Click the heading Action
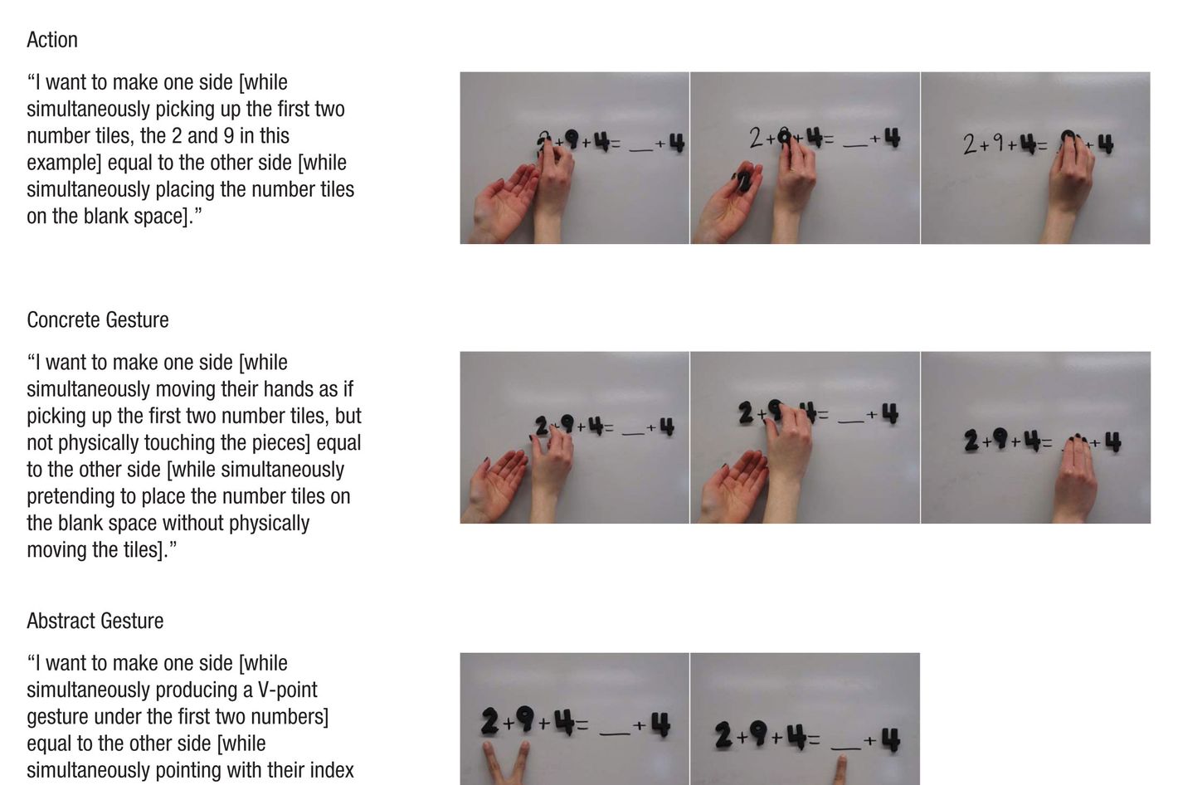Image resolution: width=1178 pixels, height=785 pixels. click(52, 40)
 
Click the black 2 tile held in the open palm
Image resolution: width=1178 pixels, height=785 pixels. click(744, 181)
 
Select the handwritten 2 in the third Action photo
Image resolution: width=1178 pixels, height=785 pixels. click(970, 145)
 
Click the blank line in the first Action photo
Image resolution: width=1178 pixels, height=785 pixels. click(640, 150)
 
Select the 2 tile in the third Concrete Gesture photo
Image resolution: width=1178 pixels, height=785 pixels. click(971, 440)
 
